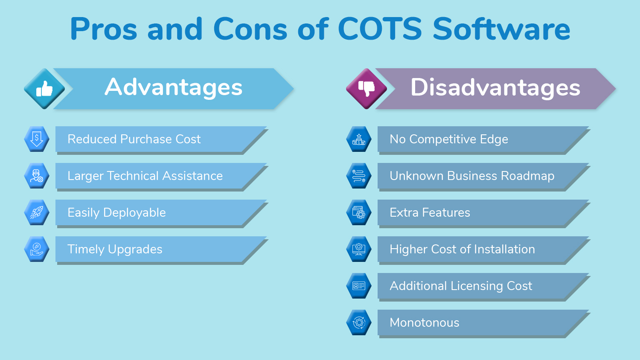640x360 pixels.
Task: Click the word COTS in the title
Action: tap(379, 29)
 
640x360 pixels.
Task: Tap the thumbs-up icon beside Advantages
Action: tap(44, 89)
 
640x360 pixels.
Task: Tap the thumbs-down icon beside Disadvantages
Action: tap(366, 89)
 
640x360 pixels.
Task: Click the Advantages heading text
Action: tap(174, 87)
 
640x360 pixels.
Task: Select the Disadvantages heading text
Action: tap(495, 87)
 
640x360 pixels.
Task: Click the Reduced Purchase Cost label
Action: tap(134, 139)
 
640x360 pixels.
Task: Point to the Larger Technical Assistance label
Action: tap(145, 176)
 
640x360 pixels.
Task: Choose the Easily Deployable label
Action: tap(116, 212)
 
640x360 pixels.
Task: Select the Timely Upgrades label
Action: tap(115, 249)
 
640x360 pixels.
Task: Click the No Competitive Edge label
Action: tap(449, 139)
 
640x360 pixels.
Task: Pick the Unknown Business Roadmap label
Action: tap(472, 176)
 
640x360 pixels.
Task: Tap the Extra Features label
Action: tap(430, 212)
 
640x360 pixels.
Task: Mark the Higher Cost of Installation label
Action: tap(462, 249)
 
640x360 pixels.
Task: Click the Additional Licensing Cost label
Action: tap(461, 286)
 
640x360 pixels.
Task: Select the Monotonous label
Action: tap(425, 322)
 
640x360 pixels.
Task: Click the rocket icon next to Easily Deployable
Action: tap(37, 212)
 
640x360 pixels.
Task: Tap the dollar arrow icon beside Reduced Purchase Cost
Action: tap(37, 139)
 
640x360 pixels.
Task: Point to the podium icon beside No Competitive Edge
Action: tap(359, 139)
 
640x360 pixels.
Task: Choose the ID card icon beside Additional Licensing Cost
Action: tap(359, 286)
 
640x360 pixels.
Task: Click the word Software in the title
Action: tap(501, 29)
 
